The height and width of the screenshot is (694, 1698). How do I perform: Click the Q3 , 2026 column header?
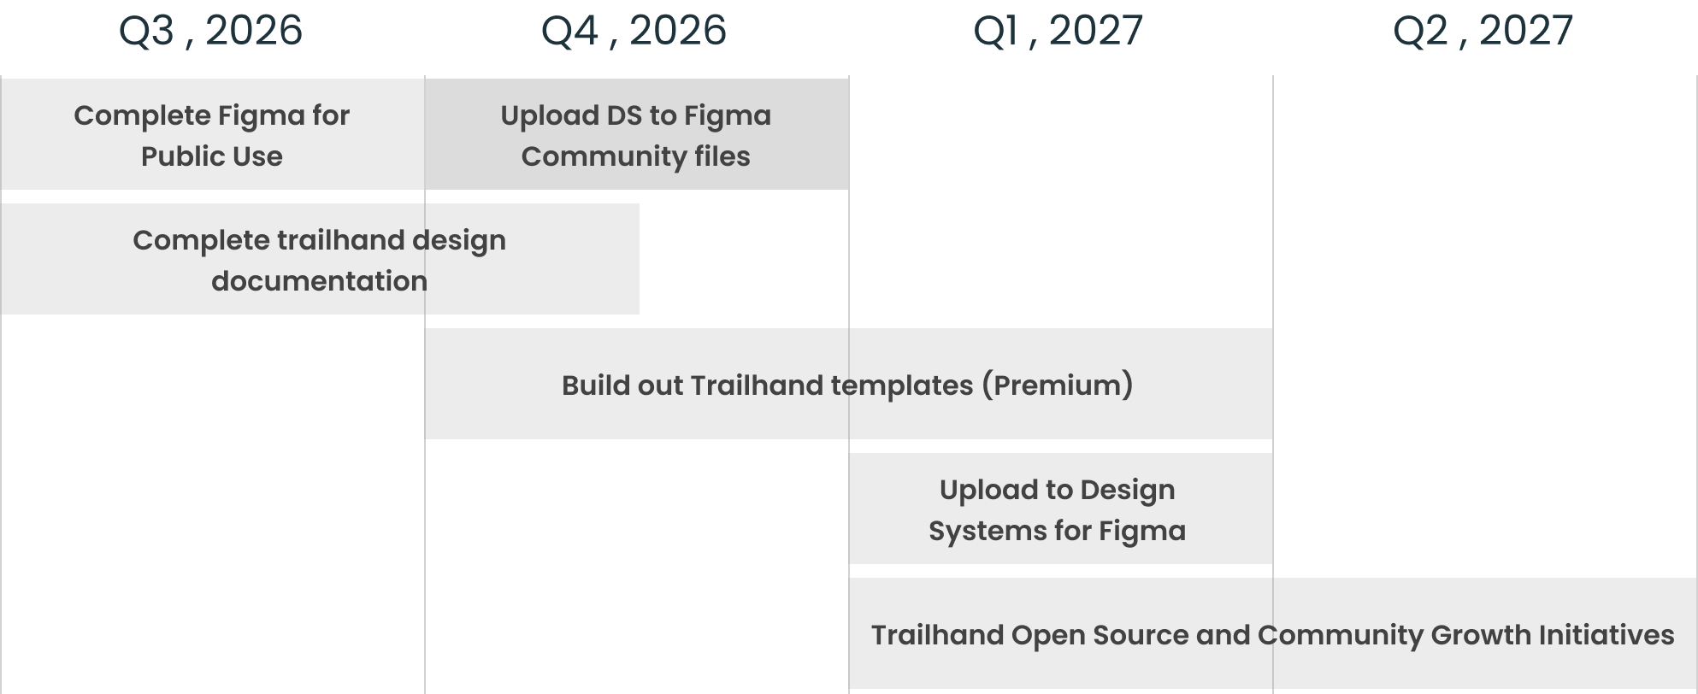pyautogui.click(x=210, y=31)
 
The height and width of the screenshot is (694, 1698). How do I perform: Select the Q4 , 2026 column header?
pyautogui.click(x=634, y=31)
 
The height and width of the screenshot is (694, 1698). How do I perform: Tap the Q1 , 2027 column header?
pyautogui.click(x=1058, y=31)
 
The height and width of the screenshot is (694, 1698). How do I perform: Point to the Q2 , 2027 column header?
pyautogui.click(x=1483, y=31)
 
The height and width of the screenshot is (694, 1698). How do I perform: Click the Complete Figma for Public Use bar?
pyautogui.click(x=213, y=134)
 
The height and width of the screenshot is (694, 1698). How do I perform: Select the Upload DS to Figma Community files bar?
pyautogui.click(x=637, y=134)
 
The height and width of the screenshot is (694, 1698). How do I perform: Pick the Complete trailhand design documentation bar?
pyautogui.click(x=320, y=259)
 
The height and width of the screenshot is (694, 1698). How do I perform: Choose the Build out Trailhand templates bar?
pyautogui.click(x=848, y=384)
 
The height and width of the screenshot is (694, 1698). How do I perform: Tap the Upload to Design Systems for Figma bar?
pyautogui.click(x=1061, y=509)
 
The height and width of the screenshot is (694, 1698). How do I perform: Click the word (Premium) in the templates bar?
pyautogui.click(x=1057, y=385)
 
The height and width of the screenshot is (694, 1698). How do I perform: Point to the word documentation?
pyautogui.click(x=319, y=280)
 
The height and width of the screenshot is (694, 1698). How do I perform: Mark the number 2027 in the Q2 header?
pyautogui.click(x=1526, y=31)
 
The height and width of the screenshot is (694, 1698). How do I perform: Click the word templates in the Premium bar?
pyautogui.click(x=902, y=386)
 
